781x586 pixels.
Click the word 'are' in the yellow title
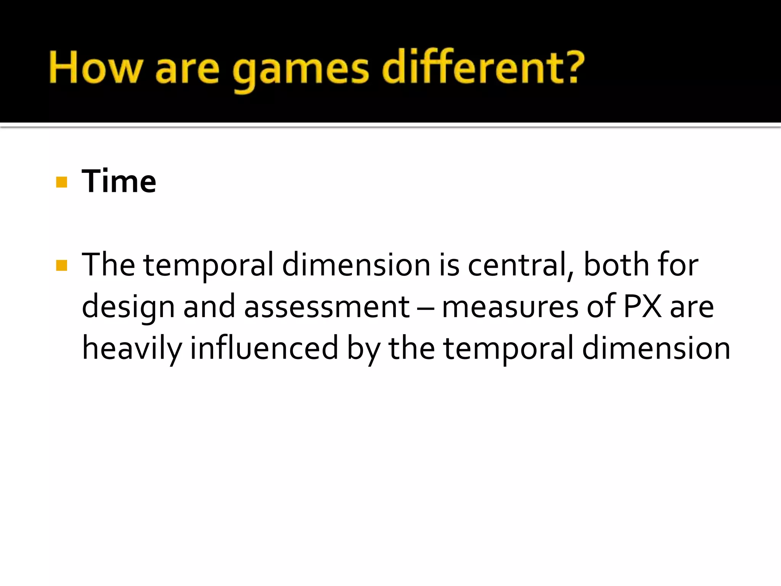pos(187,71)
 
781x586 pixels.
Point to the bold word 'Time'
pos(119,181)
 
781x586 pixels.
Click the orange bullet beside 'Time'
pos(61,182)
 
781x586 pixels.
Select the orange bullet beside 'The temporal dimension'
pos(61,265)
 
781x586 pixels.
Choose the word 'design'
pos(128,307)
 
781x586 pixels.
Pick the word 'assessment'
pos(326,307)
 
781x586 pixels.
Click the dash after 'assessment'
pos(425,307)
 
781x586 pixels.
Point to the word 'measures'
pos(510,307)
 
